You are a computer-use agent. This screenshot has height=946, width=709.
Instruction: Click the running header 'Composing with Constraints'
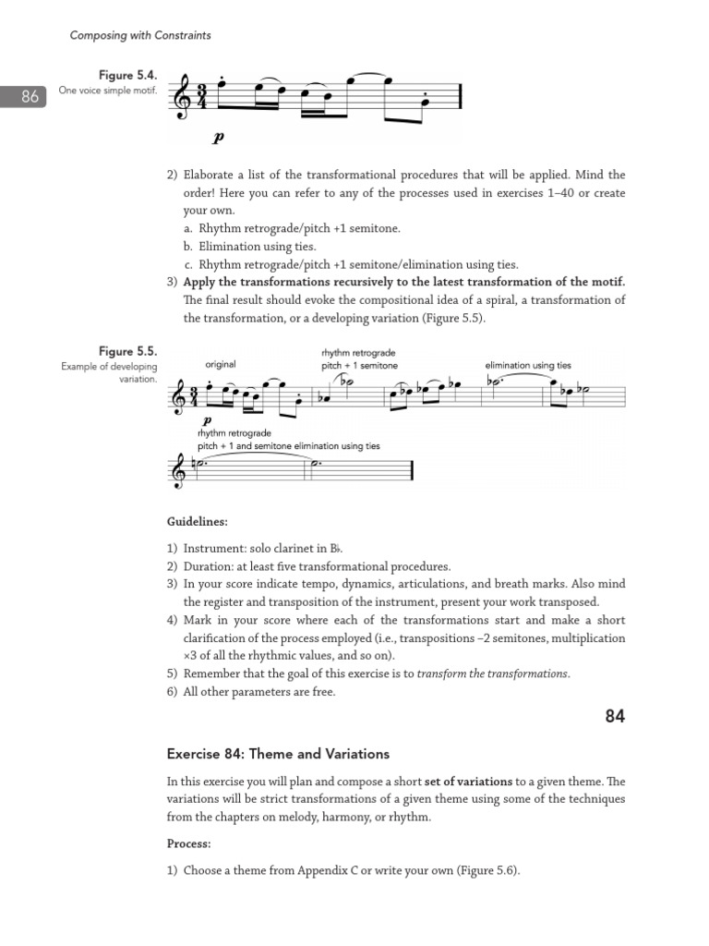click(140, 35)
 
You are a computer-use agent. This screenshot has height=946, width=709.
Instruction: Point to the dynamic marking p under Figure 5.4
click(218, 139)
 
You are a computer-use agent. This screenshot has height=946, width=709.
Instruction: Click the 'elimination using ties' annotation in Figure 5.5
click(528, 366)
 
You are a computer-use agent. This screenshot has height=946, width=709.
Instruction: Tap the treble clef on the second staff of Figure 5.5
click(178, 472)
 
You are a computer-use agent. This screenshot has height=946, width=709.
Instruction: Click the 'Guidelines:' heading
click(197, 522)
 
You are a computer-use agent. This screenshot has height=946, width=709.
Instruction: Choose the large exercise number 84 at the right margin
click(615, 716)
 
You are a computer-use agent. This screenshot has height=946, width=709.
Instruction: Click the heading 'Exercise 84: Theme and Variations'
click(278, 754)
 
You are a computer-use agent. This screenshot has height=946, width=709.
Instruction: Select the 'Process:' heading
click(188, 843)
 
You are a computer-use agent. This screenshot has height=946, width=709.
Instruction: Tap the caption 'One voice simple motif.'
click(108, 91)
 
